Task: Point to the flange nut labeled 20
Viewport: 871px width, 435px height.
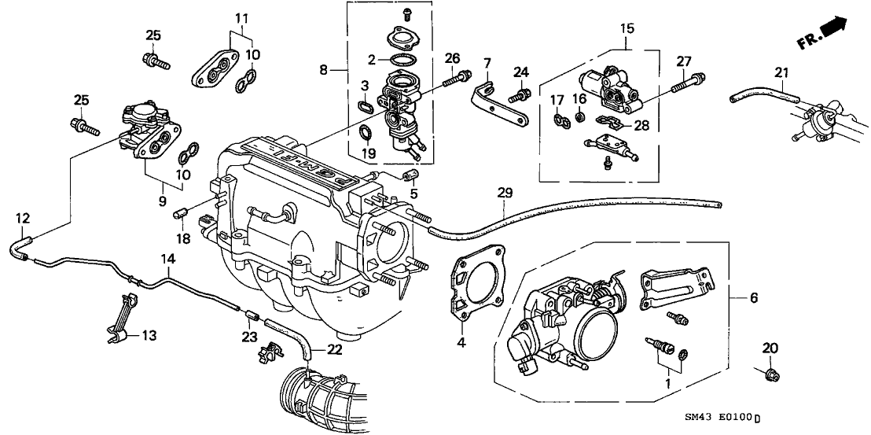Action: click(x=770, y=373)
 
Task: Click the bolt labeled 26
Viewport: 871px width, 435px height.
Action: click(x=456, y=76)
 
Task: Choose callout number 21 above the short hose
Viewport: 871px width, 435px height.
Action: click(x=780, y=73)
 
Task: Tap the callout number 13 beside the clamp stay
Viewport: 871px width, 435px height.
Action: click(x=148, y=336)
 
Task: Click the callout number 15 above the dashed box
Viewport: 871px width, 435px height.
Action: click(x=627, y=29)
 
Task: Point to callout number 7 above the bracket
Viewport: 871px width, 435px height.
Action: click(x=487, y=62)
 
